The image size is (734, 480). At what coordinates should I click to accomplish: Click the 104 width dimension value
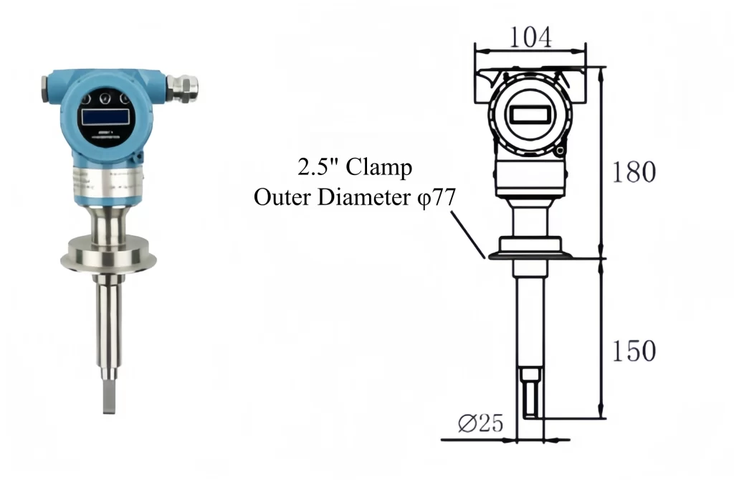tap(530, 37)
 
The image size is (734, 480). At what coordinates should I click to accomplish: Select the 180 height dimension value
tap(633, 172)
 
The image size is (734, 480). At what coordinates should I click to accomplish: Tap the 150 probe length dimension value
tap(633, 351)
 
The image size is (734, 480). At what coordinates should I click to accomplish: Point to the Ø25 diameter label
tap(480, 424)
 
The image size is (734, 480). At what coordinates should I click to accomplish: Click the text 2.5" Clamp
tap(355, 169)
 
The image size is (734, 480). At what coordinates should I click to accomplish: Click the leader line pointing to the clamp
tap(470, 233)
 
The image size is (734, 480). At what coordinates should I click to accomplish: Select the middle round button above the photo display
tap(106, 97)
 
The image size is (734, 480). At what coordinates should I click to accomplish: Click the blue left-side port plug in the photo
tap(47, 87)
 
